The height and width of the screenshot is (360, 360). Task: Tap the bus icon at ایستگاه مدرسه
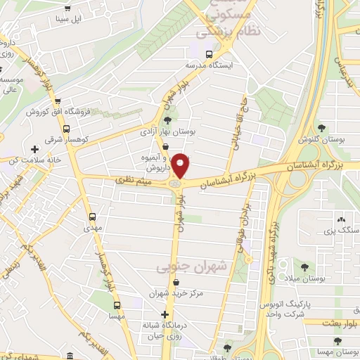(208, 54)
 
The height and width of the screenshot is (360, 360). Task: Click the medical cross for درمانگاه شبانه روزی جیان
(165, 314)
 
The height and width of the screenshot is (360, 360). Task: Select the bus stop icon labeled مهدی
(92, 217)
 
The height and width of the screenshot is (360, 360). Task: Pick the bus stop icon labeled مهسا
(117, 305)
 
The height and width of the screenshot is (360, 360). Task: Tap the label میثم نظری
(131, 182)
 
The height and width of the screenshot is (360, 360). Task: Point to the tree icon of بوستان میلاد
(304, 266)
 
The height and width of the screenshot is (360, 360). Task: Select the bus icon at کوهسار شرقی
(66, 129)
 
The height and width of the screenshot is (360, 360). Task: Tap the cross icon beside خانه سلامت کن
(34, 149)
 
